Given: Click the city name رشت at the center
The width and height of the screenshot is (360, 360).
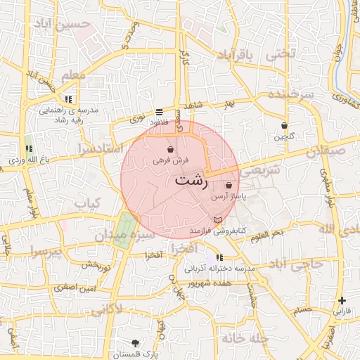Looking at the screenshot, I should tap(191, 180).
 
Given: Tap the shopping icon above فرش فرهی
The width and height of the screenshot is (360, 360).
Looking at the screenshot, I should tap(170, 149).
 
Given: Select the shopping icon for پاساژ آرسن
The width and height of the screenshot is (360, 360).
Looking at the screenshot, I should tap(229, 186).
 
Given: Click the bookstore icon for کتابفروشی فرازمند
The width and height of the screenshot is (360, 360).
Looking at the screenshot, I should tap(216, 221).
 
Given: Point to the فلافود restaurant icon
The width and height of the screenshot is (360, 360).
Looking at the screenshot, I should tap(159, 112).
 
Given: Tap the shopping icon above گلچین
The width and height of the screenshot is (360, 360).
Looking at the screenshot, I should tap(284, 125).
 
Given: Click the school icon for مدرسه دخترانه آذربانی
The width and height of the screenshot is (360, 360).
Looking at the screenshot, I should tap(220, 257).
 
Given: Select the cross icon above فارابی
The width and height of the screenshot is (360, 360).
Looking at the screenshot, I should tap(342, 300).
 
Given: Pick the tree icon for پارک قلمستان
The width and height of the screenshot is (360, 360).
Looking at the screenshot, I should tap(136, 341).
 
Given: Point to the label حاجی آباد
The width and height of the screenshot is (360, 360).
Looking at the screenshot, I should tap(295, 264).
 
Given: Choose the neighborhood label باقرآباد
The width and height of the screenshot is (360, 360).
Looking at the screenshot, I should tap(243, 55).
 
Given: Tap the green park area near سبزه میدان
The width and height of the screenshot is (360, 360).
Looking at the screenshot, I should tap(123, 229).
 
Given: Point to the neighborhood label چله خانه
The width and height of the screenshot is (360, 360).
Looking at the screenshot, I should tap(244, 338).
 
